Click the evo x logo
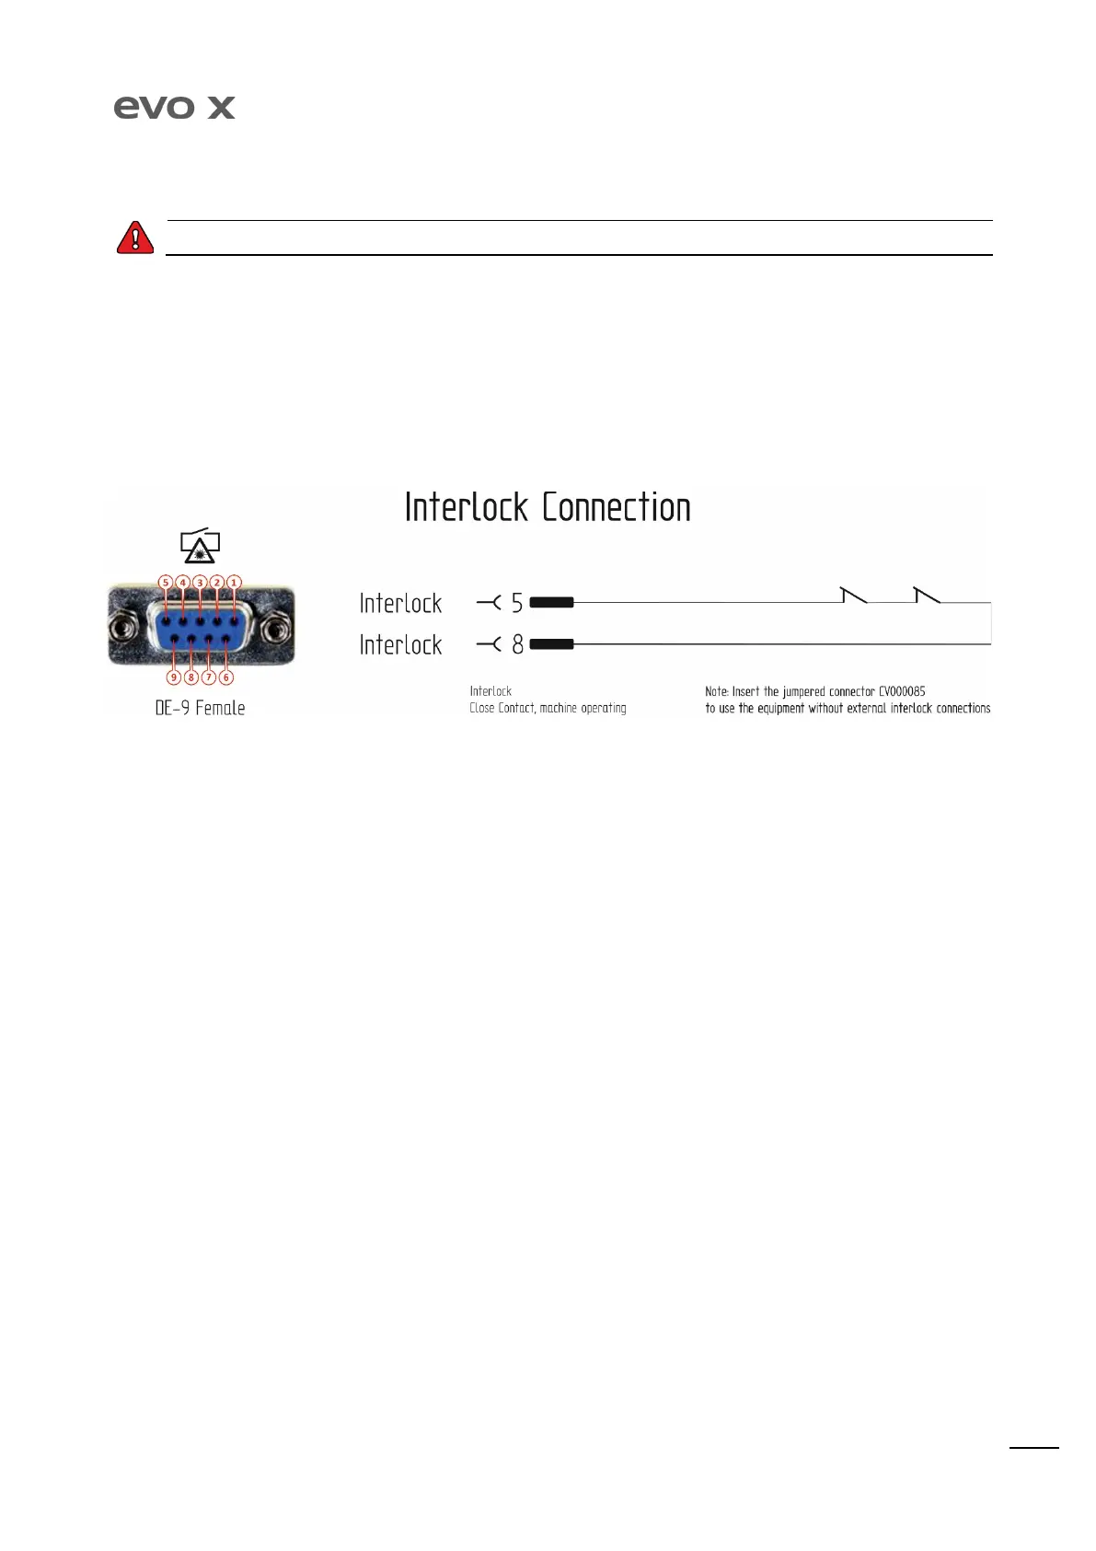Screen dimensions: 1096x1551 [x=174, y=108]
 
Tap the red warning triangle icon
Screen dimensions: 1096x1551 [x=135, y=237]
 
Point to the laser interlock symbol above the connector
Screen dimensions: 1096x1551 [x=199, y=546]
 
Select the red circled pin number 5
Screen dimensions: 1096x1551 [x=166, y=582]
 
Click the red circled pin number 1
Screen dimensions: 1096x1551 [x=235, y=582]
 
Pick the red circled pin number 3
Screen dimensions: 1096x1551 [x=200, y=582]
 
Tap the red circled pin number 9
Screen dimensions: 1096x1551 [x=174, y=677]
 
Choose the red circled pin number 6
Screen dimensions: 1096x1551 [x=226, y=677]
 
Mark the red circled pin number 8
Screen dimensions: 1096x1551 [x=191, y=677]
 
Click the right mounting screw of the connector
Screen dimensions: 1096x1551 [x=273, y=631]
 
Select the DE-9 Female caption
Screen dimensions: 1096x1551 [x=200, y=708]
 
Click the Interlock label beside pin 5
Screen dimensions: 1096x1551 [x=400, y=604]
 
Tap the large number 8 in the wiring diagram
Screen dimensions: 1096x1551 [x=518, y=644]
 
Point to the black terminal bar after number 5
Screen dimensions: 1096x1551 [x=552, y=603]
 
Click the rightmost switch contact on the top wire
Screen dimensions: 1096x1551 [x=927, y=595]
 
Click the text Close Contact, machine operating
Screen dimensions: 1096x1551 [x=548, y=708]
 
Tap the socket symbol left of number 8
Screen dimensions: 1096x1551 [x=489, y=644]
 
